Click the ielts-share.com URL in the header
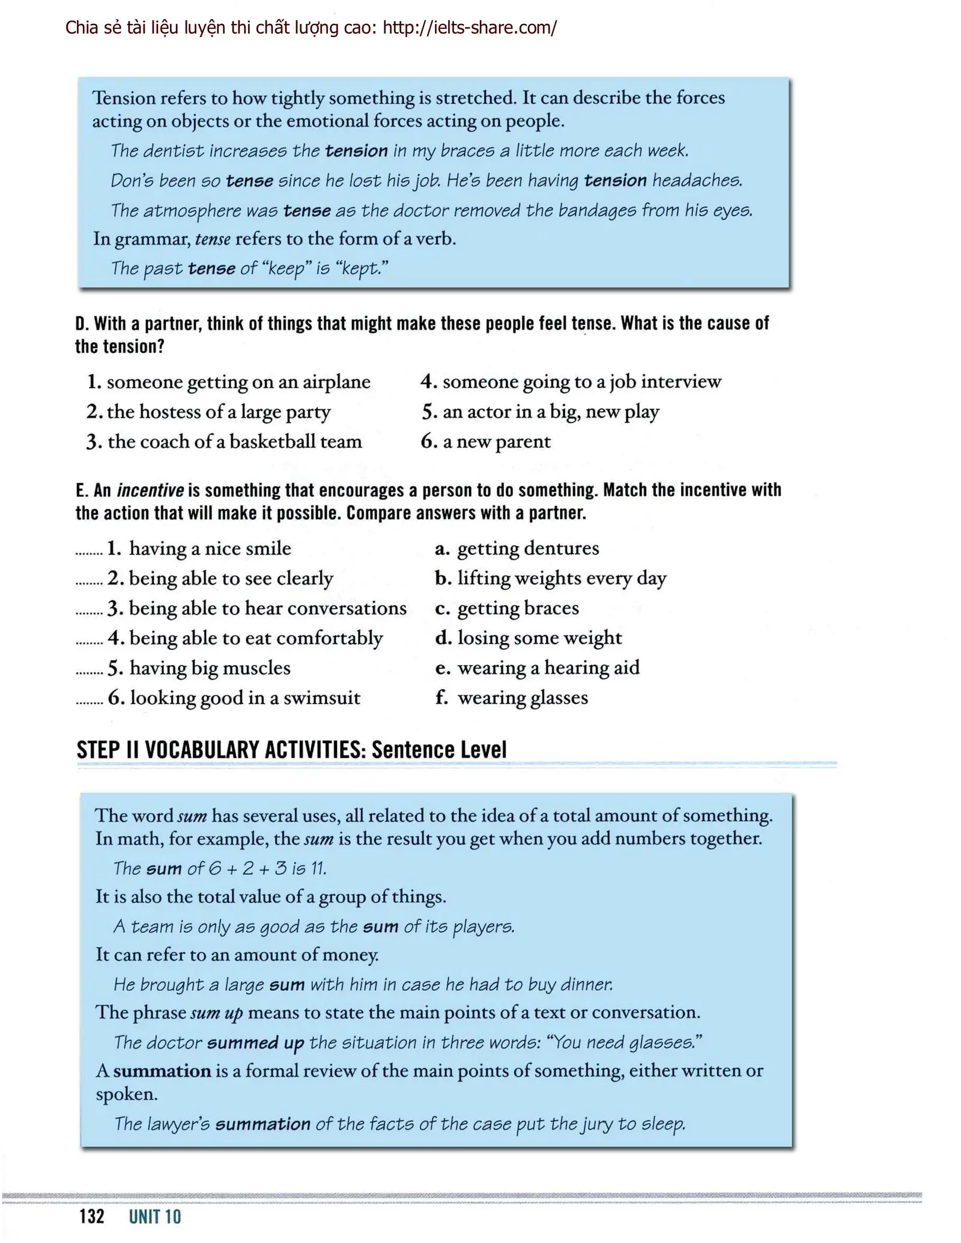(x=470, y=28)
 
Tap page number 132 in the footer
(x=92, y=1217)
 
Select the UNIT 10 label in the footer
(x=155, y=1217)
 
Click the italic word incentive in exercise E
(x=150, y=490)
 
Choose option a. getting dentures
(x=517, y=549)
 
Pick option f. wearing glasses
(x=511, y=698)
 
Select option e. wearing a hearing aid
(x=537, y=668)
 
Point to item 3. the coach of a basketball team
(x=224, y=442)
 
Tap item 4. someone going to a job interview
(x=571, y=382)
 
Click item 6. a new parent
(x=485, y=442)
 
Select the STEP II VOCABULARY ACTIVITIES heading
(x=292, y=750)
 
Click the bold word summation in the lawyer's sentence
(x=262, y=1124)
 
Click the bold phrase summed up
(x=255, y=1043)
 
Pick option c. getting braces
(x=507, y=608)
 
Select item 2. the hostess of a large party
(x=208, y=412)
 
